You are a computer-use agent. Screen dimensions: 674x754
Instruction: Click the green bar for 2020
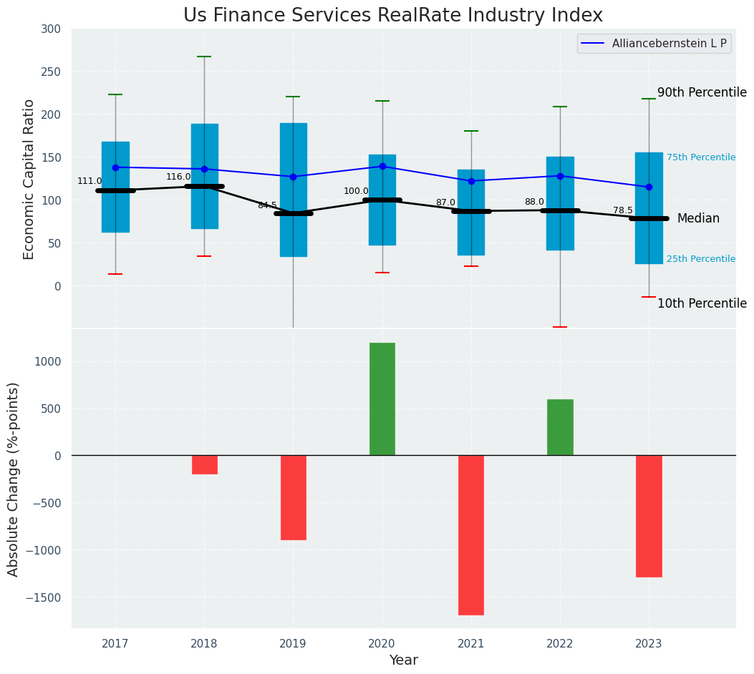[382, 399]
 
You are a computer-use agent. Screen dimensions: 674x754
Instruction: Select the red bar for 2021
[470, 534]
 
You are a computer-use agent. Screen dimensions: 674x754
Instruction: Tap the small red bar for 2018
[204, 464]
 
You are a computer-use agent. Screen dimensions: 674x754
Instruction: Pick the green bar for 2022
[560, 427]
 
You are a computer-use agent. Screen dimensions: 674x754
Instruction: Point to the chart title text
[393, 16]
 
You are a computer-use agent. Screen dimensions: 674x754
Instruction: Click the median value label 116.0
[178, 177]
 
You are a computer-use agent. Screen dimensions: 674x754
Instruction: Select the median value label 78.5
[623, 210]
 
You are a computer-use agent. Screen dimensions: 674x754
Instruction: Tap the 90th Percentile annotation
[702, 92]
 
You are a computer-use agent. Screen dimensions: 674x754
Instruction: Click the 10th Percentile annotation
[702, 303]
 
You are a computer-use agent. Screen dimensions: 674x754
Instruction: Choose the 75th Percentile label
[700, 157]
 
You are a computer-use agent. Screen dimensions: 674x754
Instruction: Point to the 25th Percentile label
[700, 259]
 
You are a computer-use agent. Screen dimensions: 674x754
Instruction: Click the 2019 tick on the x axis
[293, 644]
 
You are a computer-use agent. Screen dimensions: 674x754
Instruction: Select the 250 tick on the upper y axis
[51, 72]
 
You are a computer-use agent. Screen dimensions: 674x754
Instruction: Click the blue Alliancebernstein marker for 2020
[382, 166]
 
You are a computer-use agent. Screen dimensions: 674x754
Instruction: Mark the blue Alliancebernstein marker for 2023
[649, 187]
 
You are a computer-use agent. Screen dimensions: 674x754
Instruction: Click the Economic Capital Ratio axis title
[29, 179]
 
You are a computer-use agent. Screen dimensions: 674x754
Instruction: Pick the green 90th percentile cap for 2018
[204, 57]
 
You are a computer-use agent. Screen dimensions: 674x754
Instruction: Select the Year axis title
[403, 660]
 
